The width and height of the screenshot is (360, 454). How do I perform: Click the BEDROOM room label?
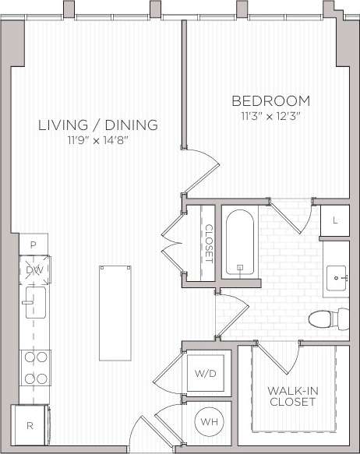(271, 101)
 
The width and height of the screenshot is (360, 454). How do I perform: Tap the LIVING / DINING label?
(98, 125)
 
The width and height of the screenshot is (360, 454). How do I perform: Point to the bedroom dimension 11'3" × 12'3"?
(271, 116)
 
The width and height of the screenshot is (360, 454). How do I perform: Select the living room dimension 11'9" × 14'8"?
(98, 140)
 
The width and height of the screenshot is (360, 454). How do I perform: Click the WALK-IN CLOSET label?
(291, 396)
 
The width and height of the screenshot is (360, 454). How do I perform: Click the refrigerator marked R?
(30, 426)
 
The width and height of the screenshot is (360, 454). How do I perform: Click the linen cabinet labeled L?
(335, 221)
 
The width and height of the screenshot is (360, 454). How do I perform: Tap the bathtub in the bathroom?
(240, 243)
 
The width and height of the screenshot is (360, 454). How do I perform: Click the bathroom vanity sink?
(337, 276)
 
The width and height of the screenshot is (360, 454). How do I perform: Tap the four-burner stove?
(35, 368)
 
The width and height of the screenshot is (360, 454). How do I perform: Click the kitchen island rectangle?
(115, 313)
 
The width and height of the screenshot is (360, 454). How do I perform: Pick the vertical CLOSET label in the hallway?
(209, 244)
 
